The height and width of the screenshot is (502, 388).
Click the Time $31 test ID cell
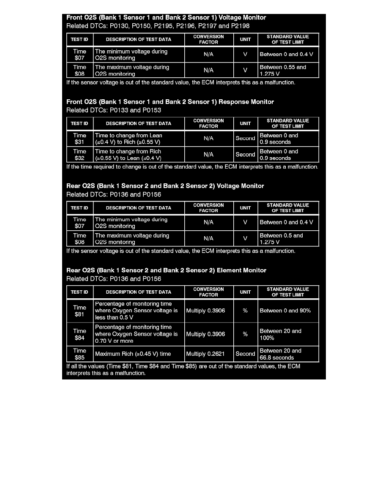(x=79, y=139)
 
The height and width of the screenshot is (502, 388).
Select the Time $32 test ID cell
(x=79, y=155)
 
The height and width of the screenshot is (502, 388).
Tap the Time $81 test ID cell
(x=79, y=311)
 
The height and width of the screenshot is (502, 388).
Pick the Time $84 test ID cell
(x=79, y=334)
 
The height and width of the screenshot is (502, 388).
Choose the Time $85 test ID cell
(x=79, y=354)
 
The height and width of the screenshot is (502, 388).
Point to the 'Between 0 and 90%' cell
(x=285, y=311)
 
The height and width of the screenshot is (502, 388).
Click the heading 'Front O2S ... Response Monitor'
(x=170, y=102)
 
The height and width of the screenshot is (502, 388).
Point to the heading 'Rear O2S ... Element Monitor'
(x=167, y=270)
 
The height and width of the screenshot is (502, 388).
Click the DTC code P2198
(x=240, y=26)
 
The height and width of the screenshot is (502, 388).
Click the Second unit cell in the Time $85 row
(x=245, y=354)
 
